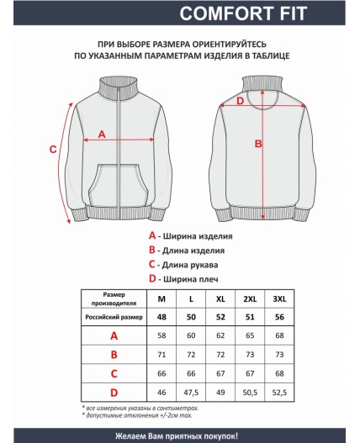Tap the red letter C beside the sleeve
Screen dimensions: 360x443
[52, 150]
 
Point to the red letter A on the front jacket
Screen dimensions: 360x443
[103, 133]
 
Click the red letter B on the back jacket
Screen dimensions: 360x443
[259, 144]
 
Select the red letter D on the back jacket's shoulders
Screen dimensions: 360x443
[240, 102]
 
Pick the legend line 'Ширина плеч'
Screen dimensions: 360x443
[185, 277]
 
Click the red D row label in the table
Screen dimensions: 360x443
[114, 391]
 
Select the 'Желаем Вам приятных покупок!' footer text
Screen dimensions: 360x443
[180, 435]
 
